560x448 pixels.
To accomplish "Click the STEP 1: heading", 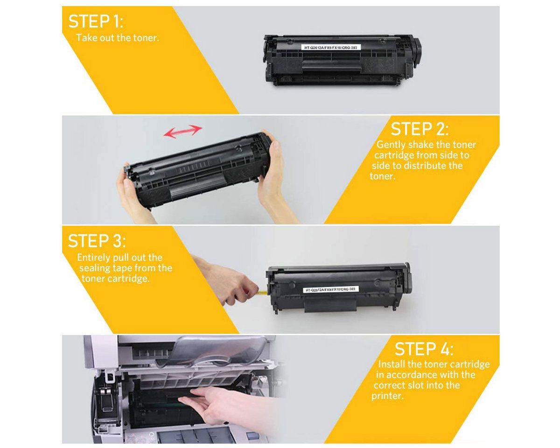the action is (x=96, y=21).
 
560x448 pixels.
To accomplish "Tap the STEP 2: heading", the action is (x=420, y=129).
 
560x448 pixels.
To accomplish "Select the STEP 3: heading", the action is (x=97, y=241).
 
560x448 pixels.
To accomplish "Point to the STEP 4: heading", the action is (x=424, y=349).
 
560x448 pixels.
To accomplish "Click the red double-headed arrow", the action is (x=183, y=131).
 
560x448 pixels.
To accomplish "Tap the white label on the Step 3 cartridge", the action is (x=331, y=289).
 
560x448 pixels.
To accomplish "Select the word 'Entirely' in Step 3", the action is (x=94, y=258).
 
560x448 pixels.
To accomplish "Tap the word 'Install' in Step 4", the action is (x=392, y=364).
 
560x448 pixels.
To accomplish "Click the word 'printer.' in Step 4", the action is (x=387, y=396).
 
